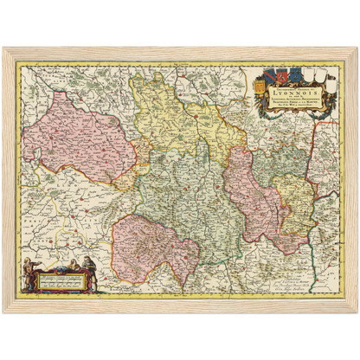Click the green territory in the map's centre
pyautogui.click(x=182, y=190)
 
